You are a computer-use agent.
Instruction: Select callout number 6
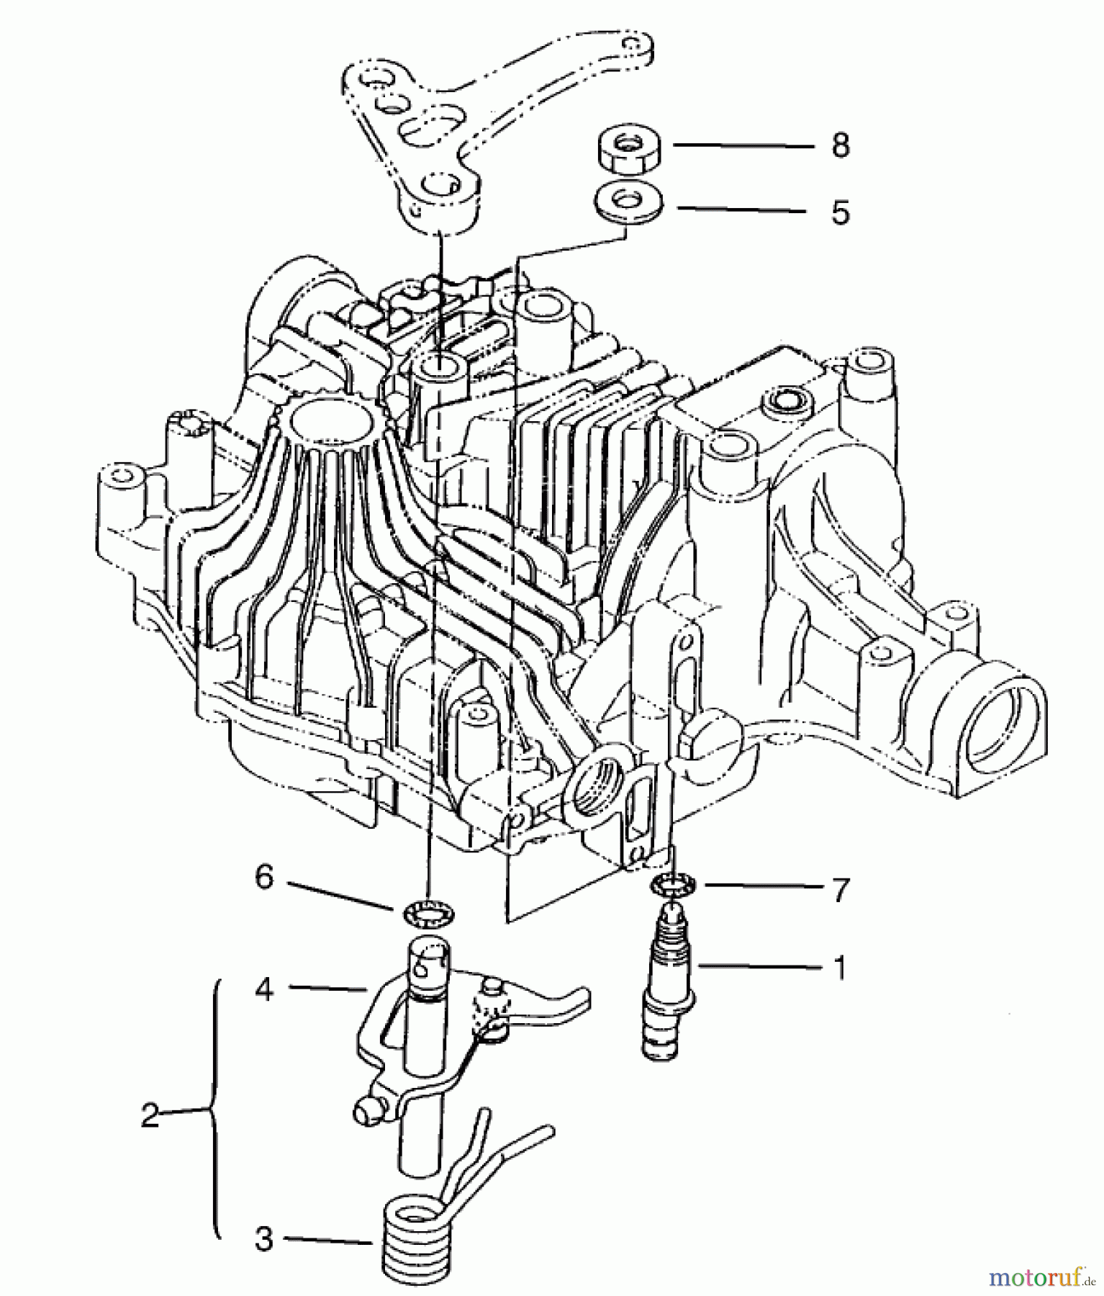(264, 877)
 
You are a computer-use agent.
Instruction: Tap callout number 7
(839, 889)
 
